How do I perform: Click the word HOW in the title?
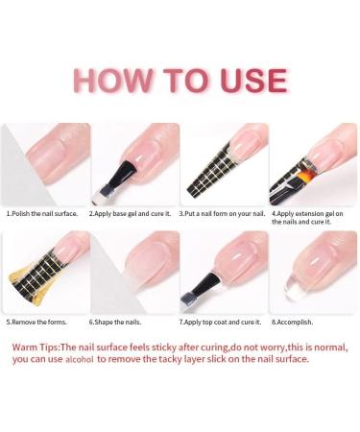109,80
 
